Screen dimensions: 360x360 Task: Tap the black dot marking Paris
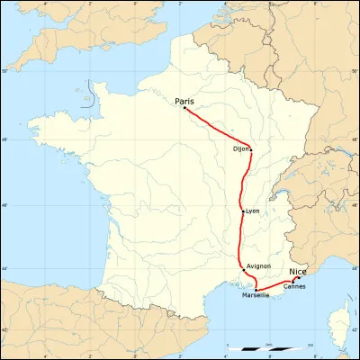pos(184,109)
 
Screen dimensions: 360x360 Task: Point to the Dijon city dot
pos(251,149)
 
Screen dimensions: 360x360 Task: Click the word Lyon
pos(252,211)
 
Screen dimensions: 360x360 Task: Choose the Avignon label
pos(258,266)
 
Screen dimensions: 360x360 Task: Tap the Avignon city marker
pos(242,266)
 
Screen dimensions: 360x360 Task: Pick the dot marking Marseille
pos(256,289)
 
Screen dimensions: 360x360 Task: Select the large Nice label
pos(297,270)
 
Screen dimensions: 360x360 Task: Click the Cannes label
pos(294,286)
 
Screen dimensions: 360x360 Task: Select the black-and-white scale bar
pos(271,347)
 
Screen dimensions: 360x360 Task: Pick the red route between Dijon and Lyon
pos(243,180)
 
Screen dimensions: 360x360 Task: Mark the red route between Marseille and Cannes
pos(274,286)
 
